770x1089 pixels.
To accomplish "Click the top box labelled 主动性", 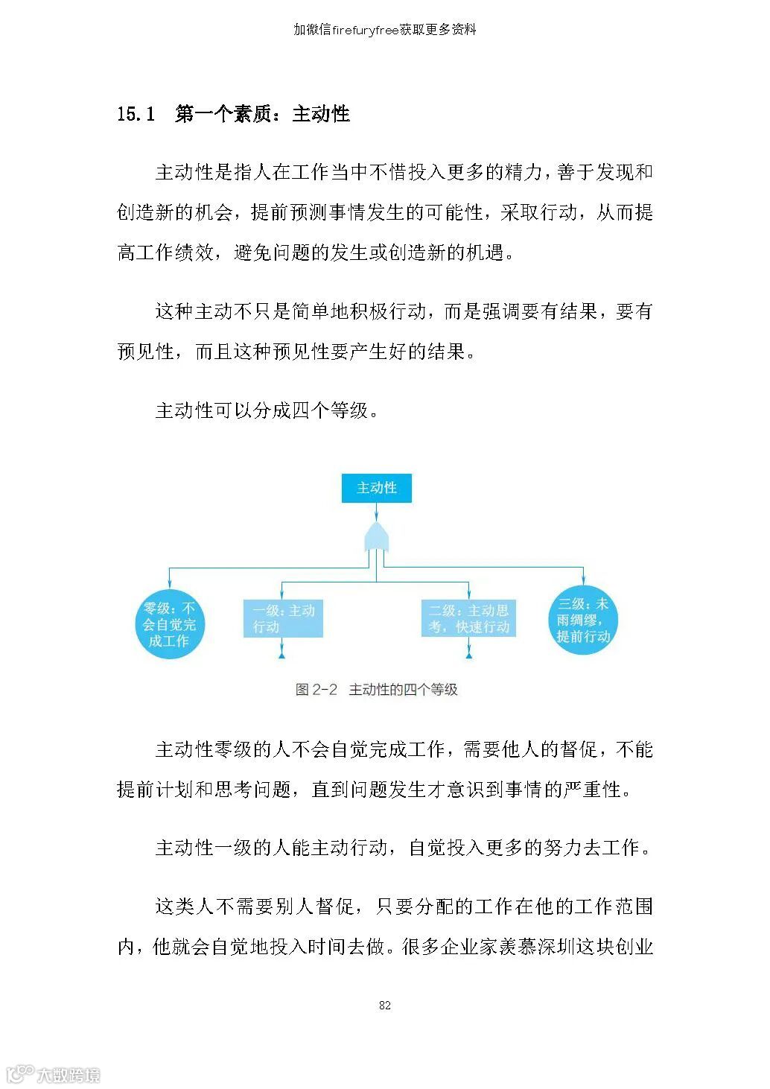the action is pos(376,488).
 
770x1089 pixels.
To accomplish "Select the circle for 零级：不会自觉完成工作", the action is pos(169,624).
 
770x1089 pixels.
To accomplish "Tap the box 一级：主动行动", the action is pos(283,618).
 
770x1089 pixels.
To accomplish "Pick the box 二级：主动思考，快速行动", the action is pos(468,618).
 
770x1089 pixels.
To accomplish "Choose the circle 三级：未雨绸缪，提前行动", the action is pos(583,620).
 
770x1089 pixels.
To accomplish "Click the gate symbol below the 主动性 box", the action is pos(376,536).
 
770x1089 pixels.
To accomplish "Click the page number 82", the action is pos(384,1005).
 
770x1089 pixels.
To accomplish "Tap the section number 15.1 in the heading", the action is pos(136,114).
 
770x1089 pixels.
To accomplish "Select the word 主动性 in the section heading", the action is pos(321,114).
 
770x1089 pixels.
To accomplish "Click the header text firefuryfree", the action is pos(365,30).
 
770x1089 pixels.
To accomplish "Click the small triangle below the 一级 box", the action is pos(282,655).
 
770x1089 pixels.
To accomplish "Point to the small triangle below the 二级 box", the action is pos(468,655).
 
